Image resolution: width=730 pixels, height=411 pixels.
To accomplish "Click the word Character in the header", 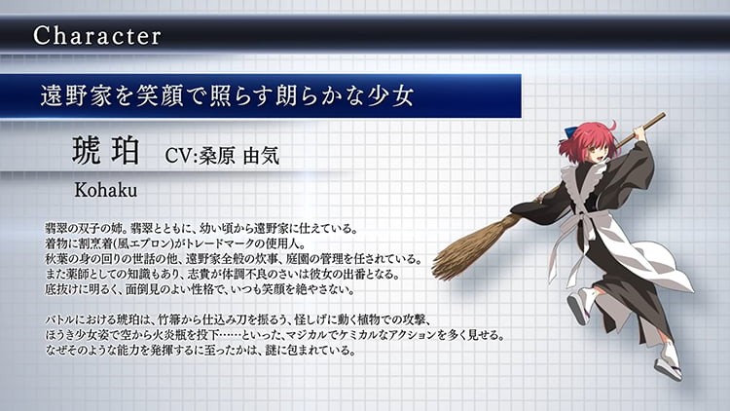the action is pos(97,36).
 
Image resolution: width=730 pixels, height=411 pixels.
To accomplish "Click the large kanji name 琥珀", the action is pos(106,150).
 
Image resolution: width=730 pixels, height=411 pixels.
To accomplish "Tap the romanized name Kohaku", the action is pos(106,190).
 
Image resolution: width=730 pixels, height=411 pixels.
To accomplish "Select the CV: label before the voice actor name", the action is pos(181,156).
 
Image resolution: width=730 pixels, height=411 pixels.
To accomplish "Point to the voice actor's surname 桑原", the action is pos(216,156).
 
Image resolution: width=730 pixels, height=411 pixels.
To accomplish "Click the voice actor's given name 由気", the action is pos(261,156).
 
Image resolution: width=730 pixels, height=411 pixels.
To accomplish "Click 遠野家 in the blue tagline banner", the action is pos(76,96).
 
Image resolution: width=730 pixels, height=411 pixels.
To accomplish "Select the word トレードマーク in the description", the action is pos(221,243).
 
